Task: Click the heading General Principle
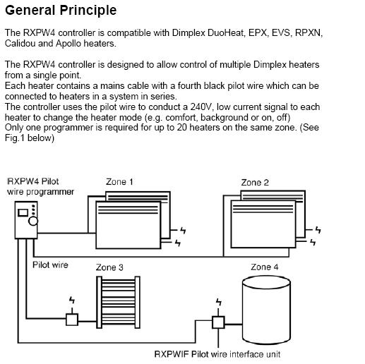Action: pos(61,11)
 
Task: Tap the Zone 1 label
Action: pos(120,182)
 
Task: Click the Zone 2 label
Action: pos(255,182)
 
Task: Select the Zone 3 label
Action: pos(110,267)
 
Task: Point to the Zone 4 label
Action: pos(265,267)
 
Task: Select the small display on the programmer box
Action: pos(23,212)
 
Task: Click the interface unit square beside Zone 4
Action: pos(218,322)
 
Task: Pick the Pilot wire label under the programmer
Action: pos(51,265)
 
